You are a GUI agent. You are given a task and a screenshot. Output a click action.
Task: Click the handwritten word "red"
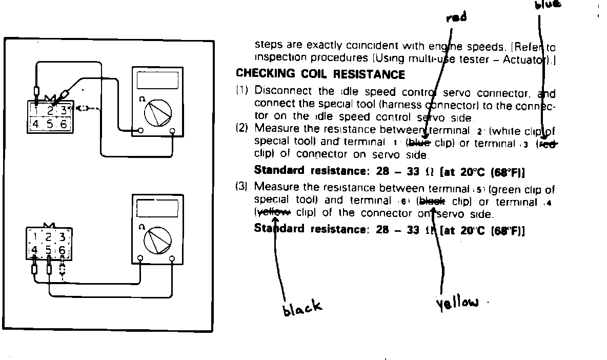coord(456,18)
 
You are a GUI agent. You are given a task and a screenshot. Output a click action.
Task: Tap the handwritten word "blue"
coord(548,5)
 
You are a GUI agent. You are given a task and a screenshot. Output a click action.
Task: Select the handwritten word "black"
coord(302,307)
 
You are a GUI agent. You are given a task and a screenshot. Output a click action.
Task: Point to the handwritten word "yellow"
coord(457,303)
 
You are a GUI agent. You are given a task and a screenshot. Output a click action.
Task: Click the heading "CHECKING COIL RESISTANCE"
coord(320,74)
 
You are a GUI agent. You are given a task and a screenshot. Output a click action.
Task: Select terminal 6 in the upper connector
coord(62,124)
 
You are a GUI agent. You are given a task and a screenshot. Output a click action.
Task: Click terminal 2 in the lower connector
coord(48,237)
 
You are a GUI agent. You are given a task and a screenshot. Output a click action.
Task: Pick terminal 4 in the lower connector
coord(34,251)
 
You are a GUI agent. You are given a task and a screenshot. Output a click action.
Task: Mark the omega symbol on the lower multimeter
coord(140,226)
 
